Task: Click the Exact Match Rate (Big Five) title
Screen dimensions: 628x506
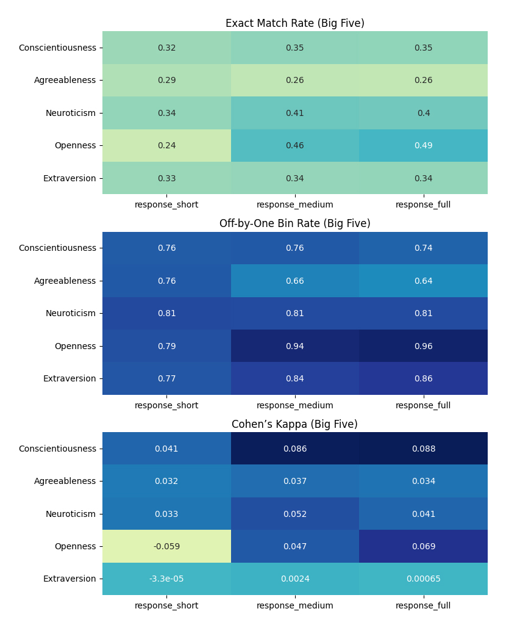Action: tap(294, 24)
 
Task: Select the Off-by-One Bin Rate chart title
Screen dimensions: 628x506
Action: tap(294, 224)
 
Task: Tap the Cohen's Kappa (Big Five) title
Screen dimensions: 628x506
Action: tap(294, 424)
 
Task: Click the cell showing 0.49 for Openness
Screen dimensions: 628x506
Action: tap(423, 146)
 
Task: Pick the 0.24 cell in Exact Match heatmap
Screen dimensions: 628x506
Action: tap(166, 146)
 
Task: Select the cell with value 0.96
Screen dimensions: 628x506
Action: tap(423, 346)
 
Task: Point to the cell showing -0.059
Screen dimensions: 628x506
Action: tap(166, 546)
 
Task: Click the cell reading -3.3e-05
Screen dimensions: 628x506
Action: tap(166, 579)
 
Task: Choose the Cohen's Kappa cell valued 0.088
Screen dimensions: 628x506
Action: tap(423, 449)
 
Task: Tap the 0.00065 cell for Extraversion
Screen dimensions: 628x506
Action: tap(423, 579)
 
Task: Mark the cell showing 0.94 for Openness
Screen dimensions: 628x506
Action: tap(294, 346)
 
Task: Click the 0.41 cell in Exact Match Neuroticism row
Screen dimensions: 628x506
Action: tap(294, 113)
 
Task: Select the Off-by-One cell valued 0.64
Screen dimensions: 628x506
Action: tap(423, 281)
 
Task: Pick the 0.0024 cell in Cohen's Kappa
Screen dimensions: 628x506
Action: tap(294, 579)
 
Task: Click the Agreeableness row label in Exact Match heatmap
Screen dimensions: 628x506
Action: tap(65, 81)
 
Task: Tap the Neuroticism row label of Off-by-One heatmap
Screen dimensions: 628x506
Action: tap(71, 314)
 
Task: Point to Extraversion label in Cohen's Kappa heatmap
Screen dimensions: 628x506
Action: tap(69, 579)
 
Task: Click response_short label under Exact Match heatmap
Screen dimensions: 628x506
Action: tap(166, 205)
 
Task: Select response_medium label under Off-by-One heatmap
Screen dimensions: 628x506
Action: tap(294, 405)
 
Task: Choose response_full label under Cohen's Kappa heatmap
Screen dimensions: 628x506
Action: tap(423, 605)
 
